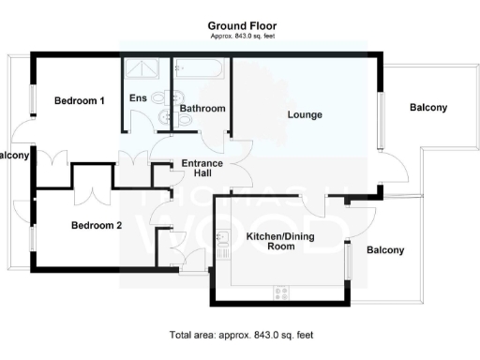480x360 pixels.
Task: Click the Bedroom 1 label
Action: [79, 100]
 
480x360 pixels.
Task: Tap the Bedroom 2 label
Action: [97, 225]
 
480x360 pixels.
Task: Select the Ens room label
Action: [138, 97]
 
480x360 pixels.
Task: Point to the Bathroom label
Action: [202, 109]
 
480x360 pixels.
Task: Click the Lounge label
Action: [305, 115]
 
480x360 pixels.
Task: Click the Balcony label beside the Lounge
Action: [428, 107]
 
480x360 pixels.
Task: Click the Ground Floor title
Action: [243, 26]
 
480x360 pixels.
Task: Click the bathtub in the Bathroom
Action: [199, 69]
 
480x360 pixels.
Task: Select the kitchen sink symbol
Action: [223, 243]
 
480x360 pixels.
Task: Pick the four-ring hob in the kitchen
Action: [279, 293]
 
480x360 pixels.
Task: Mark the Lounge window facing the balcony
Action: [380, 120]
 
